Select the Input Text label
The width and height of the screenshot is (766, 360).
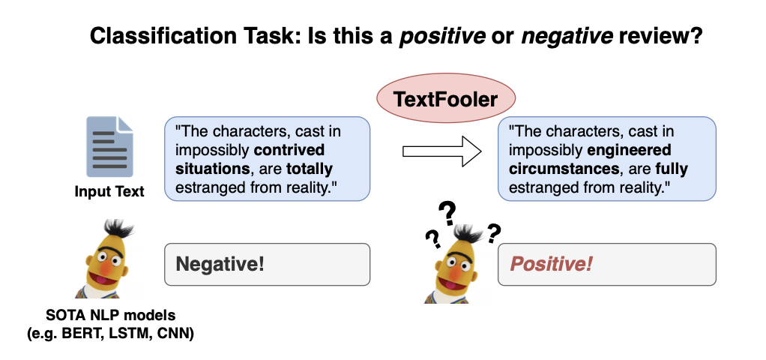(x=109, y=192)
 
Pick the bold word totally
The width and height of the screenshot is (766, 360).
(x=308, y=169)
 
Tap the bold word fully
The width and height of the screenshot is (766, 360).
(x=672, y=169)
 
